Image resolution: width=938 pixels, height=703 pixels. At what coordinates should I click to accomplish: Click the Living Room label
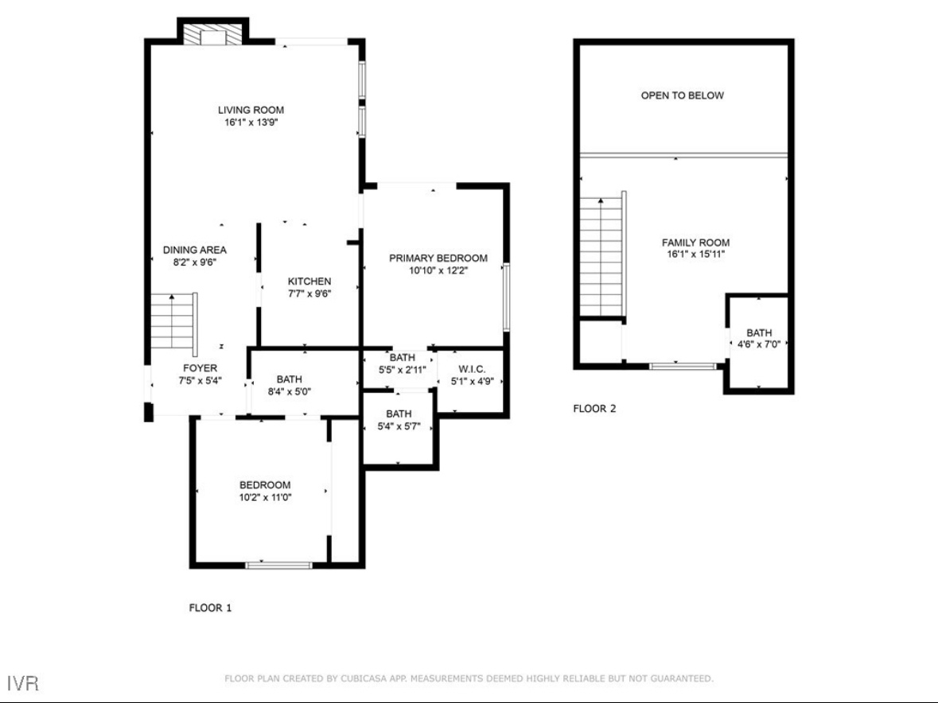tap(251, 110)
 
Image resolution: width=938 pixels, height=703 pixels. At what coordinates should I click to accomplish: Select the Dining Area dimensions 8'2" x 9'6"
tap(194, 262)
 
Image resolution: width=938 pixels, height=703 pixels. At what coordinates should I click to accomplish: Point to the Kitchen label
tap(309, 281)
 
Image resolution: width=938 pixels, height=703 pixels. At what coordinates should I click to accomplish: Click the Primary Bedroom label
tap(438, 258)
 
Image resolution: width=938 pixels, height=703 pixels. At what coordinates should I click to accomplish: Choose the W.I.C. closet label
tap(472, 370)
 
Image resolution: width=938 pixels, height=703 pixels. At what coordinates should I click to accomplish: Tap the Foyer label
tap(200, 368)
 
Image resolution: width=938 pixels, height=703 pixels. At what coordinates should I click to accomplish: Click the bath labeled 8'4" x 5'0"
tap(289, 386)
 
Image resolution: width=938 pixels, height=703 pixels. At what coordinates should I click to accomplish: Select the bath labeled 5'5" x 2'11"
tap(402, 363)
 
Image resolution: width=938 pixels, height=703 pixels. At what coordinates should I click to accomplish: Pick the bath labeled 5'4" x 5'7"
tap(399, 420)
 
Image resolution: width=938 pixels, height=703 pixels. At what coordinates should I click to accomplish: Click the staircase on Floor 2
tap(603, 256)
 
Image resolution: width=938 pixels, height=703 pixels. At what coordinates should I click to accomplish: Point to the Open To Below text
tap(682, 95)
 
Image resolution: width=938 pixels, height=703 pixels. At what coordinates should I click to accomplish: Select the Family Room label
tap(695, 243)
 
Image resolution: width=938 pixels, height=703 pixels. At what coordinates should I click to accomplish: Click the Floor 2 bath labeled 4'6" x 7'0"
tap(758, 338)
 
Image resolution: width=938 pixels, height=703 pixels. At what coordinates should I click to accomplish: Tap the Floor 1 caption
tap(210, 608)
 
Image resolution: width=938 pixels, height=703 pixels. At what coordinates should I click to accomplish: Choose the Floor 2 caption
tap(594, 409)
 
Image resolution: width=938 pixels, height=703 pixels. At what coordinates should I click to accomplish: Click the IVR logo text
tap(23, 683)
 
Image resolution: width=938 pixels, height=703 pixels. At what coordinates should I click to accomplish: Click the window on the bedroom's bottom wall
tap(278, 565)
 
